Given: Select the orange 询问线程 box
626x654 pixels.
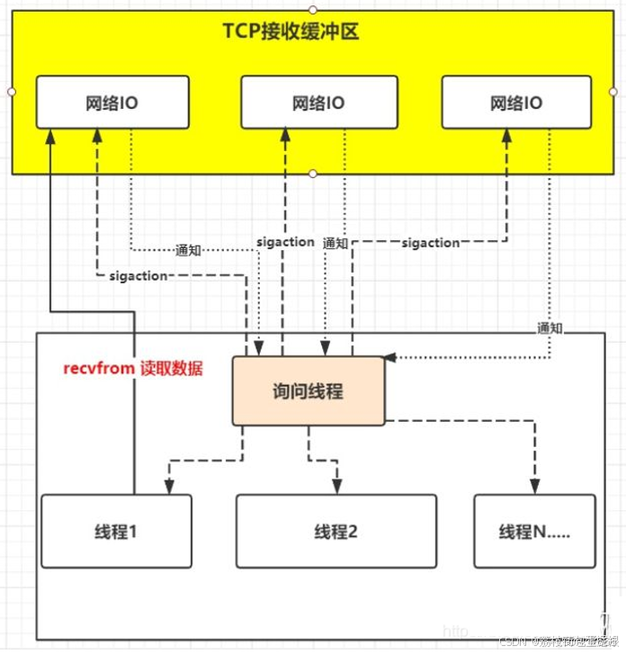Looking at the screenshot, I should pyautogui.click(x=309, y=391).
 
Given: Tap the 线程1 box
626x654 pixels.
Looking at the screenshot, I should pyautogui.click(x=116, y=531).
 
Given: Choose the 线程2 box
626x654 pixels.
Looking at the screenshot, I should pyautogui.click(x=336, y=531).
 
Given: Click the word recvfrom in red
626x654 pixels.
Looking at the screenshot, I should pyautogui.click(x=98, y=369).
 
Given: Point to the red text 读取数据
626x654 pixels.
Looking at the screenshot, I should pyautogui.click(x=171, y=369).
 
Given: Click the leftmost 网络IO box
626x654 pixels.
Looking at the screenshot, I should pyautogui.click(x=112, y=103).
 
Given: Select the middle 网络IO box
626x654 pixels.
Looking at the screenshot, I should pyautogui.click(x=317, y=103).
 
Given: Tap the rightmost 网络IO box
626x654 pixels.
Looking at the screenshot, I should pyautogui.click(x=516, y=103).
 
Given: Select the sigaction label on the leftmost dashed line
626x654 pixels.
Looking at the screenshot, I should pyautogui.click(x=138, y=275).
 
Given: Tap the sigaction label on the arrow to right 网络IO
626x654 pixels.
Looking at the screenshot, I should pyautogui.click(x=430, y=243).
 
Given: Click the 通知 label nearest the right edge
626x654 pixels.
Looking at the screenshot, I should pyautogui.click(x=550, y=327).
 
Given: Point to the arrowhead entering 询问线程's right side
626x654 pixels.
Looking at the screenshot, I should pyautogui.click(x=390, y=358).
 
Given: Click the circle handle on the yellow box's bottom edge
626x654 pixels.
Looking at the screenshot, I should pyautogui.click(x=313, y=173).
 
